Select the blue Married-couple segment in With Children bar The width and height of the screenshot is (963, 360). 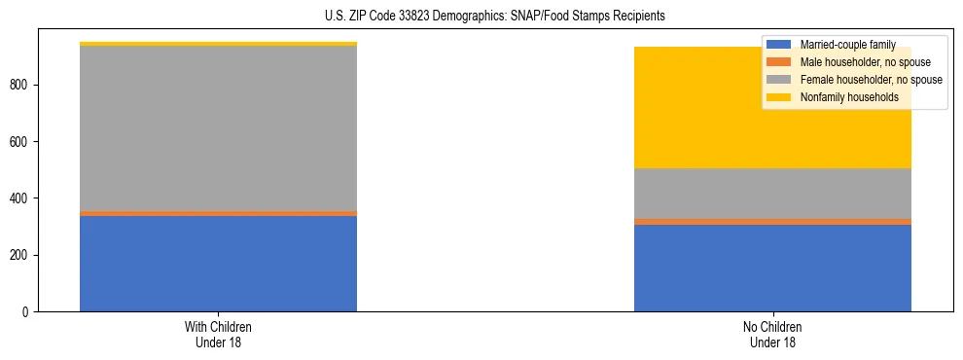[x=218, y=264]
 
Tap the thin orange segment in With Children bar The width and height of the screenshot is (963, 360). [x=218, y=213]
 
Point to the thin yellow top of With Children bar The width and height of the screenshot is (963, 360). [x=218, y=44]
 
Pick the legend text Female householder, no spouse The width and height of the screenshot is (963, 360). [x=871, y=80]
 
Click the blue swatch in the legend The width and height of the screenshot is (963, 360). [x=780, y=45]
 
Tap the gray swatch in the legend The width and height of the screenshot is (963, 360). [x=780, y=80]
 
